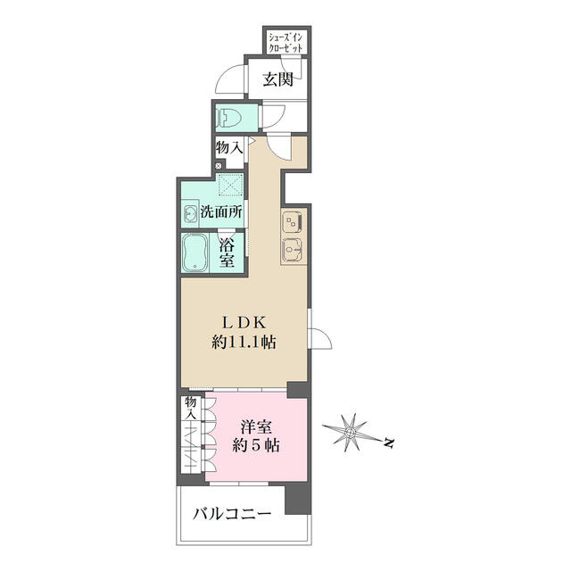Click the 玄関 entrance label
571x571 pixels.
pos(278,79)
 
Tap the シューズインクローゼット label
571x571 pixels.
pos(285,42)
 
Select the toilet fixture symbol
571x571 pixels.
pos(228,118)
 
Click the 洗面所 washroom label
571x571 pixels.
pos(221,212)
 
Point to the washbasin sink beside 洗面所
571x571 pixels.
pos(190,214)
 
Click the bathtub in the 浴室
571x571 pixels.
pos(194,252)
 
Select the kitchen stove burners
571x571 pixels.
pos(293,222)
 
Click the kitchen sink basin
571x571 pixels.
pos(293,250)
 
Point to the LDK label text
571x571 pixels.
pos(244,322)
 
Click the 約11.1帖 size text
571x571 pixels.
pos(244,343)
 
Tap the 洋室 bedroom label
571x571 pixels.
pos(256,426)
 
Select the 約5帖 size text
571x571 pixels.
pos(256,445)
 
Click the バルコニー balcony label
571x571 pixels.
pos(232,514)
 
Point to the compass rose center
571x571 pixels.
pos(351,433)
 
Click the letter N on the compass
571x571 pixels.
pos(389,443)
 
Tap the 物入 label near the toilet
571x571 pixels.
pos(229,147)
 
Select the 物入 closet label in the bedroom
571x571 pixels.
pos(190,409)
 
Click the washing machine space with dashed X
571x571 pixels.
pos(230,185)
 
